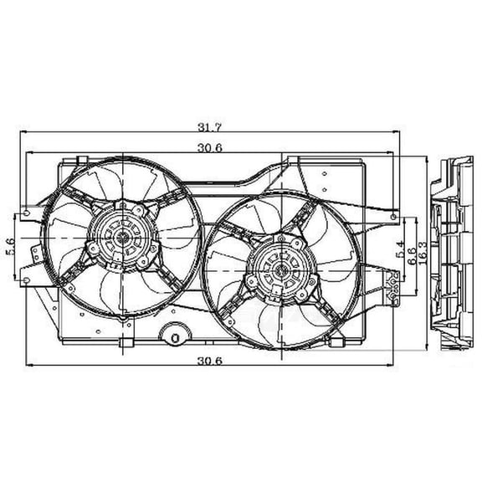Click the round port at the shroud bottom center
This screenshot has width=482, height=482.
pos(176,338)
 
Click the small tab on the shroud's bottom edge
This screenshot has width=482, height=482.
pos(125,343)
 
